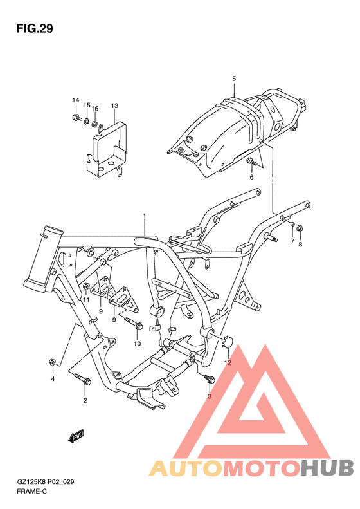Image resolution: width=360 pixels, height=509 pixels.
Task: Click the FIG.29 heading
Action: [x=35, y=29]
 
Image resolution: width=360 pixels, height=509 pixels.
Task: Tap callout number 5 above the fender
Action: [x=234, y=79]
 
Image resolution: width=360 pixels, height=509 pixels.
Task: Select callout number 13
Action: [x=114, y=105]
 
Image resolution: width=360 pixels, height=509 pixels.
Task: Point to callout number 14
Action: [x=75, y=101]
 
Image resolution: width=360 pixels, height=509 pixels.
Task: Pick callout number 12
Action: [x=228, y=363]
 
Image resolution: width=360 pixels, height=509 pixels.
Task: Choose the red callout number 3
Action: [x=209, y=396]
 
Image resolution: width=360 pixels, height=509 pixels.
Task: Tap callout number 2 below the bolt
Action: [x=84, y=401]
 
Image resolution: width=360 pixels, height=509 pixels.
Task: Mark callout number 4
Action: [x=53, y=378]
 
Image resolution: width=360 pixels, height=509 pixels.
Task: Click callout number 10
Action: [x=137, y=344]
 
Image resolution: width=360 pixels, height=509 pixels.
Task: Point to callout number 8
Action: [x=300, y=244]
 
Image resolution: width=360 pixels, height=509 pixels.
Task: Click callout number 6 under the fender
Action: [x=251, y=177]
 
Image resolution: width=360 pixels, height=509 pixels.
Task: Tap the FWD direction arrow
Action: [x=76, y=436]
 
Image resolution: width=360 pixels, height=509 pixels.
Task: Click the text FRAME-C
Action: [x=33, y=491]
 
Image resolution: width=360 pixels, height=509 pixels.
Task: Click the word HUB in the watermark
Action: [x=325, y=468]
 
